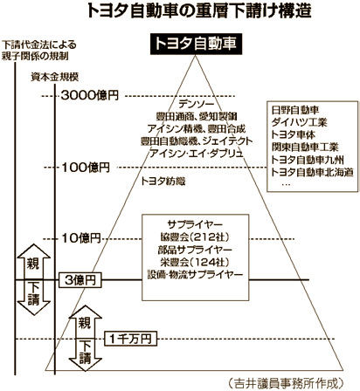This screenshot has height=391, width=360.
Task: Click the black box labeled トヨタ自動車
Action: click(x=196, y=45)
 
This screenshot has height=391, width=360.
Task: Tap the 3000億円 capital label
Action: click(x=90, y=95)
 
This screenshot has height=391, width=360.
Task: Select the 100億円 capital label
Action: click(x=86, y=168)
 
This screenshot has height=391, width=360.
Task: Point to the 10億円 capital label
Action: click(x=81, y=238)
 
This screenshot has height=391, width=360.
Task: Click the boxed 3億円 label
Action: click(x=80, y=280)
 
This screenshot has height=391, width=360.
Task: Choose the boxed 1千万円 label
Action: click(x=130, y=339)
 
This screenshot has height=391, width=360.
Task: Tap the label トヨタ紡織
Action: click(x=163, y=182)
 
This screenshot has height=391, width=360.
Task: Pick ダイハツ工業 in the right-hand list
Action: click(x=300, y=122)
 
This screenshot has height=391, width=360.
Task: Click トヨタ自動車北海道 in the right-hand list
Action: click(x=312, y=172)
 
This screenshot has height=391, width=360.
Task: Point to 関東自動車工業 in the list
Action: click(x=305, y=147)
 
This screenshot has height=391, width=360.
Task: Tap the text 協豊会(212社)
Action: click(x=195, y=237)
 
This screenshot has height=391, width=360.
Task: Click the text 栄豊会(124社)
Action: click(x=195, y=262)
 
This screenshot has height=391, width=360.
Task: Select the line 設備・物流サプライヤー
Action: click(x=195, y=275)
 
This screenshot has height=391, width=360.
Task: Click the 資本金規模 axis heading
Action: click(x=55, y=78)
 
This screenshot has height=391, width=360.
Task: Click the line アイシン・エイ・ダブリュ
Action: click(x=196, y=153)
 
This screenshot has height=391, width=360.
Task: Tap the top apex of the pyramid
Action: click(x=196, y=56)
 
